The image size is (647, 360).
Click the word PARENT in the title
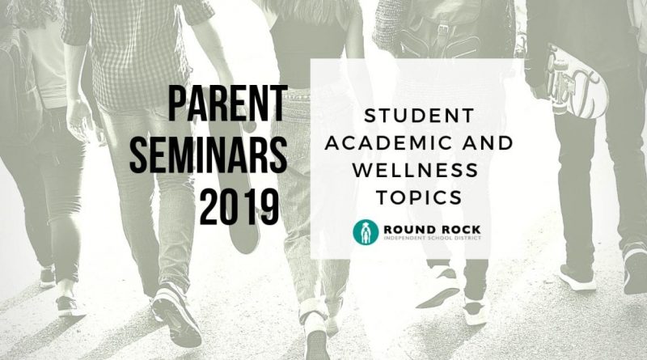(x=228, y=104)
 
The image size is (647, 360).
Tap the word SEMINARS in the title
(x=209, y=155)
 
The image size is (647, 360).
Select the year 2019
(x=239, y=207)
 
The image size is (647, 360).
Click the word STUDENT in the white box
(x=419, y=116)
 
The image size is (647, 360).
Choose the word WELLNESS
(x=415, y=170)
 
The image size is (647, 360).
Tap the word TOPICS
(x=419, y=197)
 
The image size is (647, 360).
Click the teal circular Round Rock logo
(x=366, y=232)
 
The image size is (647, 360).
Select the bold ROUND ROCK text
(x=432, y=230)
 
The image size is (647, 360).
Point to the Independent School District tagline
(x=432, y=238)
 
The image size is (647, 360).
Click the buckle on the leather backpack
(x=443, y=28)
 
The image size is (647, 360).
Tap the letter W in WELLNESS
(x=362, y=170)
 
